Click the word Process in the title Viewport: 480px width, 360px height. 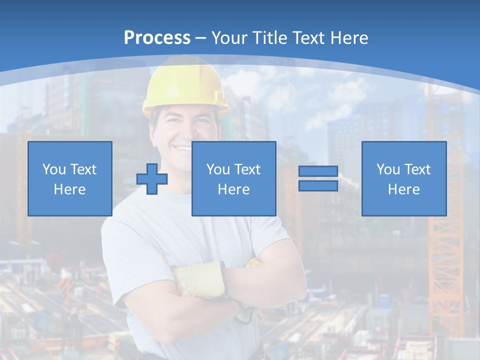point(157,38)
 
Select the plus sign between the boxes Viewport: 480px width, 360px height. point(152,178)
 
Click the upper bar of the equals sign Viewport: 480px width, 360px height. point(318,171)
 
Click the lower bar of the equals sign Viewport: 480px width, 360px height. point(318,185)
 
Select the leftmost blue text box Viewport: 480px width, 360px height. point(70,178)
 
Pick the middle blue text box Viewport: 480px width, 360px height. point(233,178)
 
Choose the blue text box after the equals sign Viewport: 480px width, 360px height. point(404,178)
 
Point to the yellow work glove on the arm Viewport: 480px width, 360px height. point(200,280)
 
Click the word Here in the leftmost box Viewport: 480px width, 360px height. point(69,189)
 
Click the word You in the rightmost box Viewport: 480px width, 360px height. point(388,169)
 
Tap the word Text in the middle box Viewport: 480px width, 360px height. point(246,169)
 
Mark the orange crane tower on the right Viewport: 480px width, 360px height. point(445,260)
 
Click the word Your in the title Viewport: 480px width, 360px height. point(229,38)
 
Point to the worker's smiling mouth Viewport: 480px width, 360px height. point(182,148)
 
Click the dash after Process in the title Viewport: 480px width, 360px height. point(200,38)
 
